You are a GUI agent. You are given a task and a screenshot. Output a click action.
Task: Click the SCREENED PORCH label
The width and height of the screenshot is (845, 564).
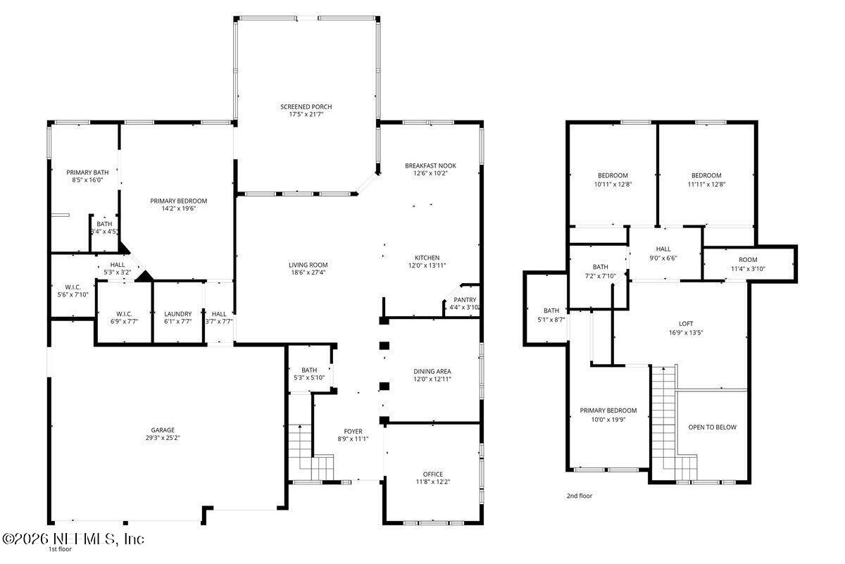[306, 106]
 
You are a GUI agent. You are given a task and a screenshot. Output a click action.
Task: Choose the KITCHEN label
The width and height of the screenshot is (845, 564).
[427, 258]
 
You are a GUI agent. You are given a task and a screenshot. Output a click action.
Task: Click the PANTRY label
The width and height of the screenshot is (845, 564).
[465, 299]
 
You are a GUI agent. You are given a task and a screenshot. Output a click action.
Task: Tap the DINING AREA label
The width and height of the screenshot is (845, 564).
[432, 371]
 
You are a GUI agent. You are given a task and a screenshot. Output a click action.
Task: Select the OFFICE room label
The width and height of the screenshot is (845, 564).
[433, 474]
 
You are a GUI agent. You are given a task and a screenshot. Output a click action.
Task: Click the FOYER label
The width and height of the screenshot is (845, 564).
[353, 432]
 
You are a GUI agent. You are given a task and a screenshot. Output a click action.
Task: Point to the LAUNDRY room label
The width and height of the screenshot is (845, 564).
[178, 314]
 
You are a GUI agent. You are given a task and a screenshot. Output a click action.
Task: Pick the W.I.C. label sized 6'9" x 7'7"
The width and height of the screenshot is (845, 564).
[123, 314]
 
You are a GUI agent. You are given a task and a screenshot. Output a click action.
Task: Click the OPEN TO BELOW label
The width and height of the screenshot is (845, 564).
[712, 427]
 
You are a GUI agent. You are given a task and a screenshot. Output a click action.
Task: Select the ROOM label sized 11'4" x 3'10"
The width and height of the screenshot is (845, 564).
[748, 260]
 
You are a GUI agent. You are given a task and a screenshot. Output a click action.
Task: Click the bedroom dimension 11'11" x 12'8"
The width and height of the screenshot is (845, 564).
[706, 184]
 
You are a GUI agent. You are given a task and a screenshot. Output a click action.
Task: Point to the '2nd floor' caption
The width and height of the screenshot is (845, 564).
[580, 496]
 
